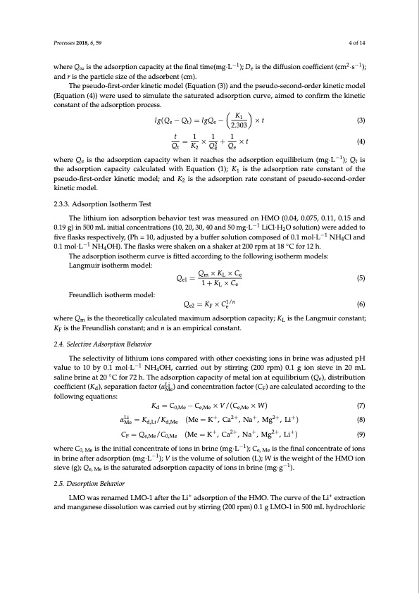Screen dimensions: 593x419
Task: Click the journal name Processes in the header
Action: tap(65, 42)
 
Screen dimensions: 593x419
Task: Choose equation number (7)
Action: tap(360, 406)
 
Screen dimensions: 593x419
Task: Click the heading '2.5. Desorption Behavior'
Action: tap(85, 465)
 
